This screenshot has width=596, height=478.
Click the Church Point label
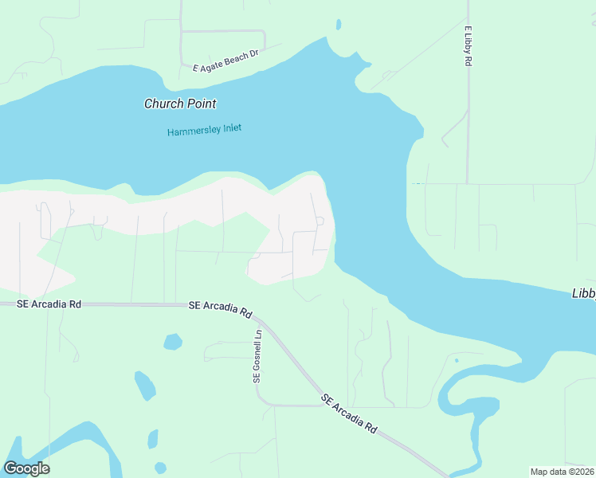coord(180,104)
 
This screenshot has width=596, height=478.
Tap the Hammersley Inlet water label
coord(204,130)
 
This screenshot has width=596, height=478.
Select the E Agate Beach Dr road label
coord(226,61)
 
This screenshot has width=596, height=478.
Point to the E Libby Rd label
coord(468,50)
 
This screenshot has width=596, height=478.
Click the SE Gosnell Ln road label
coord(257,356)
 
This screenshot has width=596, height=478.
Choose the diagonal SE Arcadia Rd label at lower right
coord(349,413)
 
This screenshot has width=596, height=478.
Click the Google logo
coord(26,468)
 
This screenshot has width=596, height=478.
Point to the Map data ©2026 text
coord(562,472)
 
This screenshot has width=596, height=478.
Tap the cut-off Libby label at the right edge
coord(584,293)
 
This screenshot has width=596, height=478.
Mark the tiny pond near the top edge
coord(339,25)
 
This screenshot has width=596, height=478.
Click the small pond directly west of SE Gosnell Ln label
coord(172,342)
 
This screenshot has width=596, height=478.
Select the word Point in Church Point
coord(202,104)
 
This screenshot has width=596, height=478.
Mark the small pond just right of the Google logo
coord(160,467)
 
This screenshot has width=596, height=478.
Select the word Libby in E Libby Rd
coord(468,49)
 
